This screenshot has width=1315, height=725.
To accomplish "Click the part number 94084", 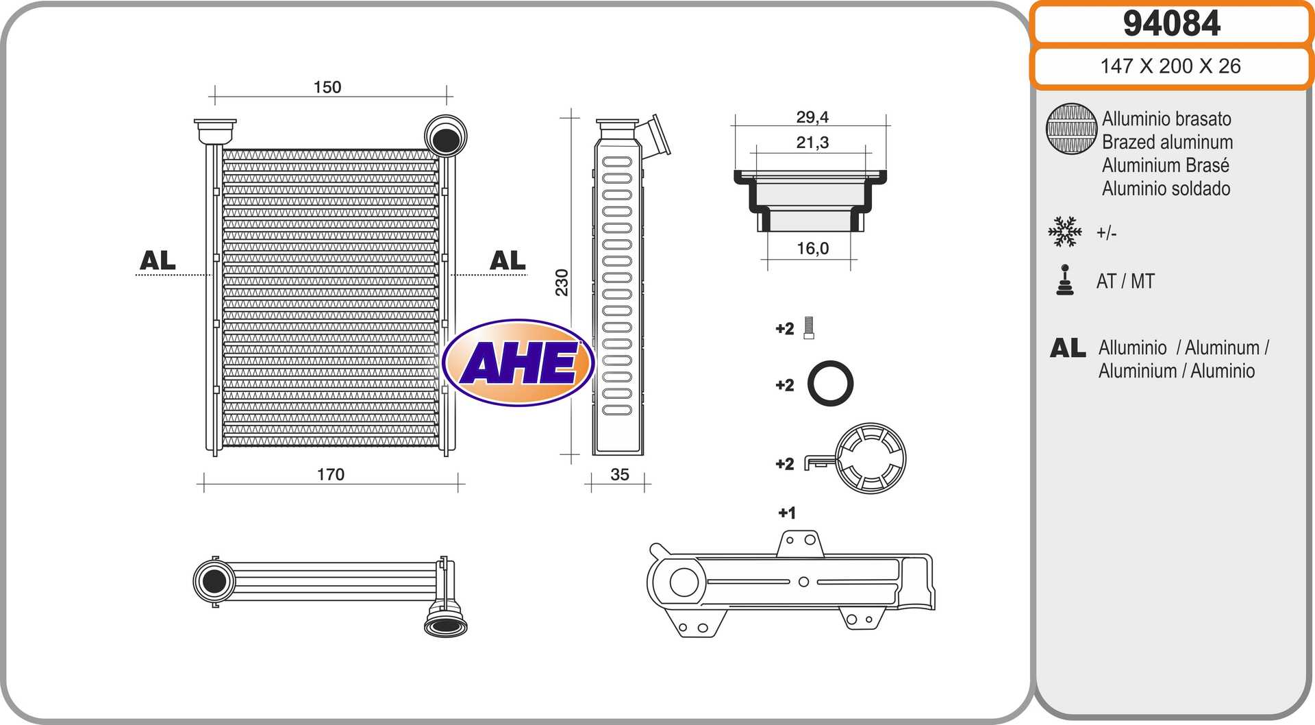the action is click(x=1171, y=23).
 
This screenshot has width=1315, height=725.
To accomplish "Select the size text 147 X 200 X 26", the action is click(x=1170, y=66).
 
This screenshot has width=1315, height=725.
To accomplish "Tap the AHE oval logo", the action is click(x=518, y=362).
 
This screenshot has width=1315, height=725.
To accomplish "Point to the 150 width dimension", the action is click(x=327, y=87).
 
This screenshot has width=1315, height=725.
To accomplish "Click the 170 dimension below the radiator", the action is click(x=331, y=474).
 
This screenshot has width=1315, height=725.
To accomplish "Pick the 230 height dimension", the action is click(x=562, y=282).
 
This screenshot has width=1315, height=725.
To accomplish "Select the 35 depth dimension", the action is click(x=620, y=474).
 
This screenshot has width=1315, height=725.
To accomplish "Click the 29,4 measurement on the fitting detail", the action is click(x=812, y=117).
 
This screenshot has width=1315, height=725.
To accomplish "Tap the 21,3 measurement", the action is click(x=812, y=143).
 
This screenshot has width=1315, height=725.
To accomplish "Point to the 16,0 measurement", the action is click(x=813, y=248).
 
